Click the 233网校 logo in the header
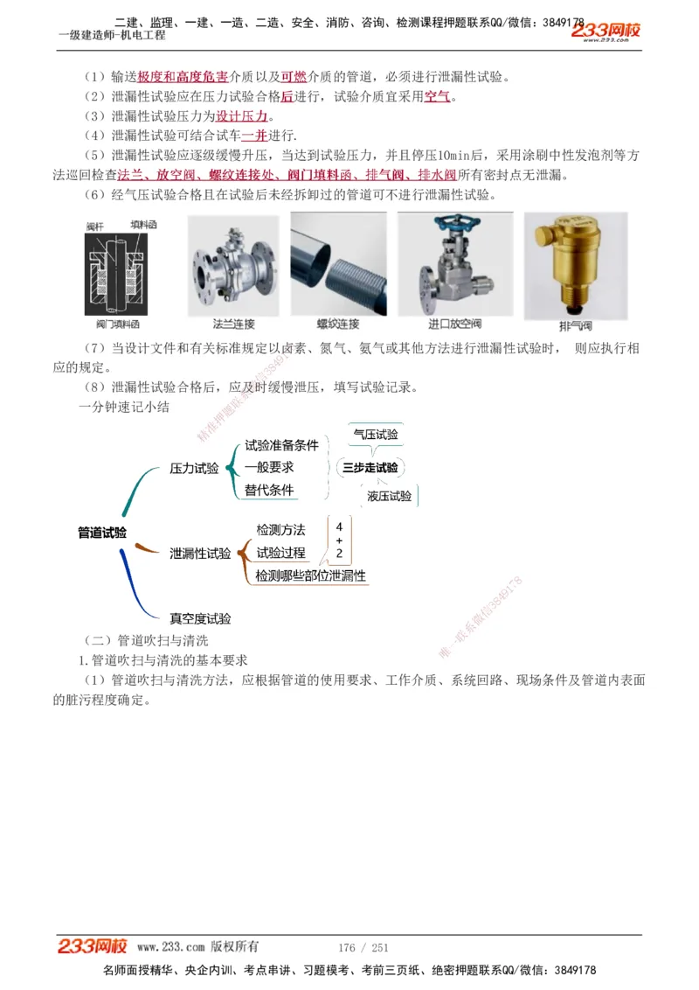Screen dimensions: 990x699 coord(606,30)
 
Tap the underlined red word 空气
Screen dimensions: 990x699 coord(437,96)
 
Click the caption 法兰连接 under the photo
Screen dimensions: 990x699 coord(233,324)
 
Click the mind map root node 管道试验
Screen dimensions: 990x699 coord(102,532)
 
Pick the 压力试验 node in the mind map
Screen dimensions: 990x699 coord(194,469)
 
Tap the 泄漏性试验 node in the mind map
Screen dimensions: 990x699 coord(200,553)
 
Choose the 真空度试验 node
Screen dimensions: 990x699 coord(200,618)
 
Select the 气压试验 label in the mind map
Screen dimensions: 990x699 coord(376,434)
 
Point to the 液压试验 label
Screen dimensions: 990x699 coord(389,496)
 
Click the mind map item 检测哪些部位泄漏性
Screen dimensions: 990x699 coord(310,575)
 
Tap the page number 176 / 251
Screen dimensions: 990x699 coord(363,947)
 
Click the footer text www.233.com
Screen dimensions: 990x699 coord(171,946)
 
